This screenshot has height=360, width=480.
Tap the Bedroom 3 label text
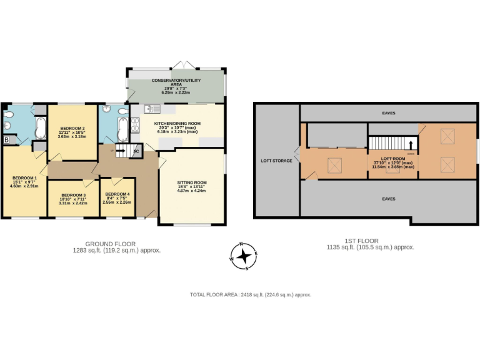coord(72,196)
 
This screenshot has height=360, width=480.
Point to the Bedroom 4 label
coord(117,194)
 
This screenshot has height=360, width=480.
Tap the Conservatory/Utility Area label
coord(176,81)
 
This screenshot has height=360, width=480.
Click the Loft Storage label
coord(276,161)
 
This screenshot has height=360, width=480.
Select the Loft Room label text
coord(394,159)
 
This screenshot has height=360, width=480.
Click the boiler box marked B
coord(7,139)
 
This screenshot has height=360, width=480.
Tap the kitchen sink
coord(152,109)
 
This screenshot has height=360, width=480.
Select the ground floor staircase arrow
coord(122,151)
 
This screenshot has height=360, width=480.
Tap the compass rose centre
coord(246,256)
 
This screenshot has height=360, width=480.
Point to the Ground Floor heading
coord(110,244)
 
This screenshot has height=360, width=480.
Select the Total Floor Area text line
coord(250,294)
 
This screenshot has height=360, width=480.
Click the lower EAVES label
coord(389,199)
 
